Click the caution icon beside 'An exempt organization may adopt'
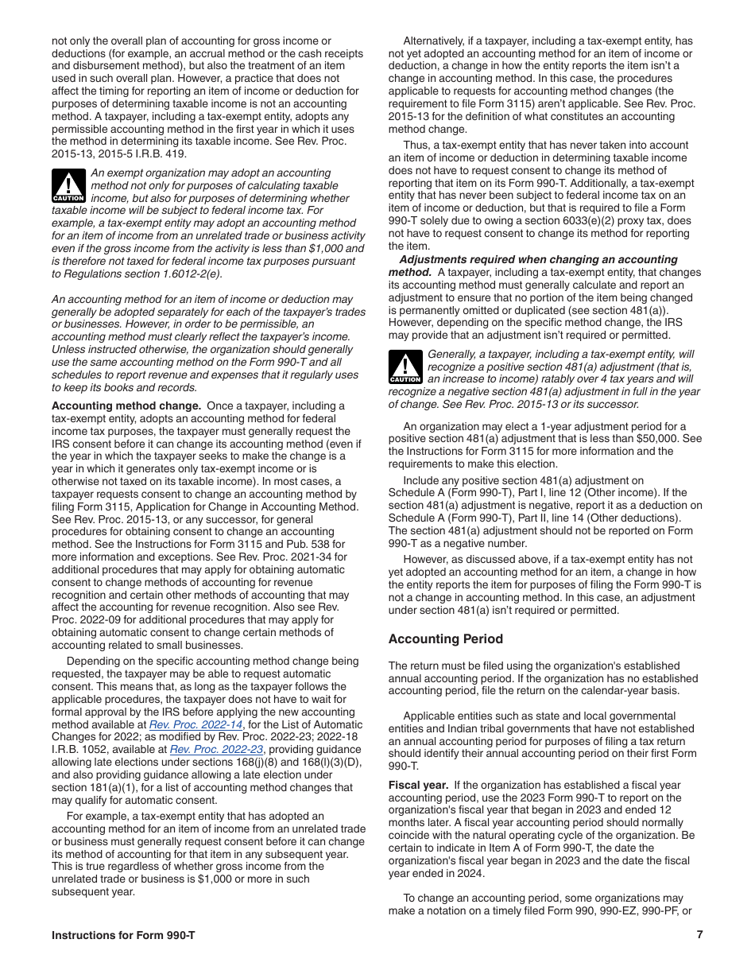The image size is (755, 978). (68, 186)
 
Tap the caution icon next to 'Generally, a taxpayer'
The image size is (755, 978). (405, 367)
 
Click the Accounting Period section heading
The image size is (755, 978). (445, 639)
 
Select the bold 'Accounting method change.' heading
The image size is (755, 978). (126, 406)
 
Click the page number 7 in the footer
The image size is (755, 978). (699, 935)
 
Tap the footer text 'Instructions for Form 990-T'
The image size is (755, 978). (123, 935)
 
